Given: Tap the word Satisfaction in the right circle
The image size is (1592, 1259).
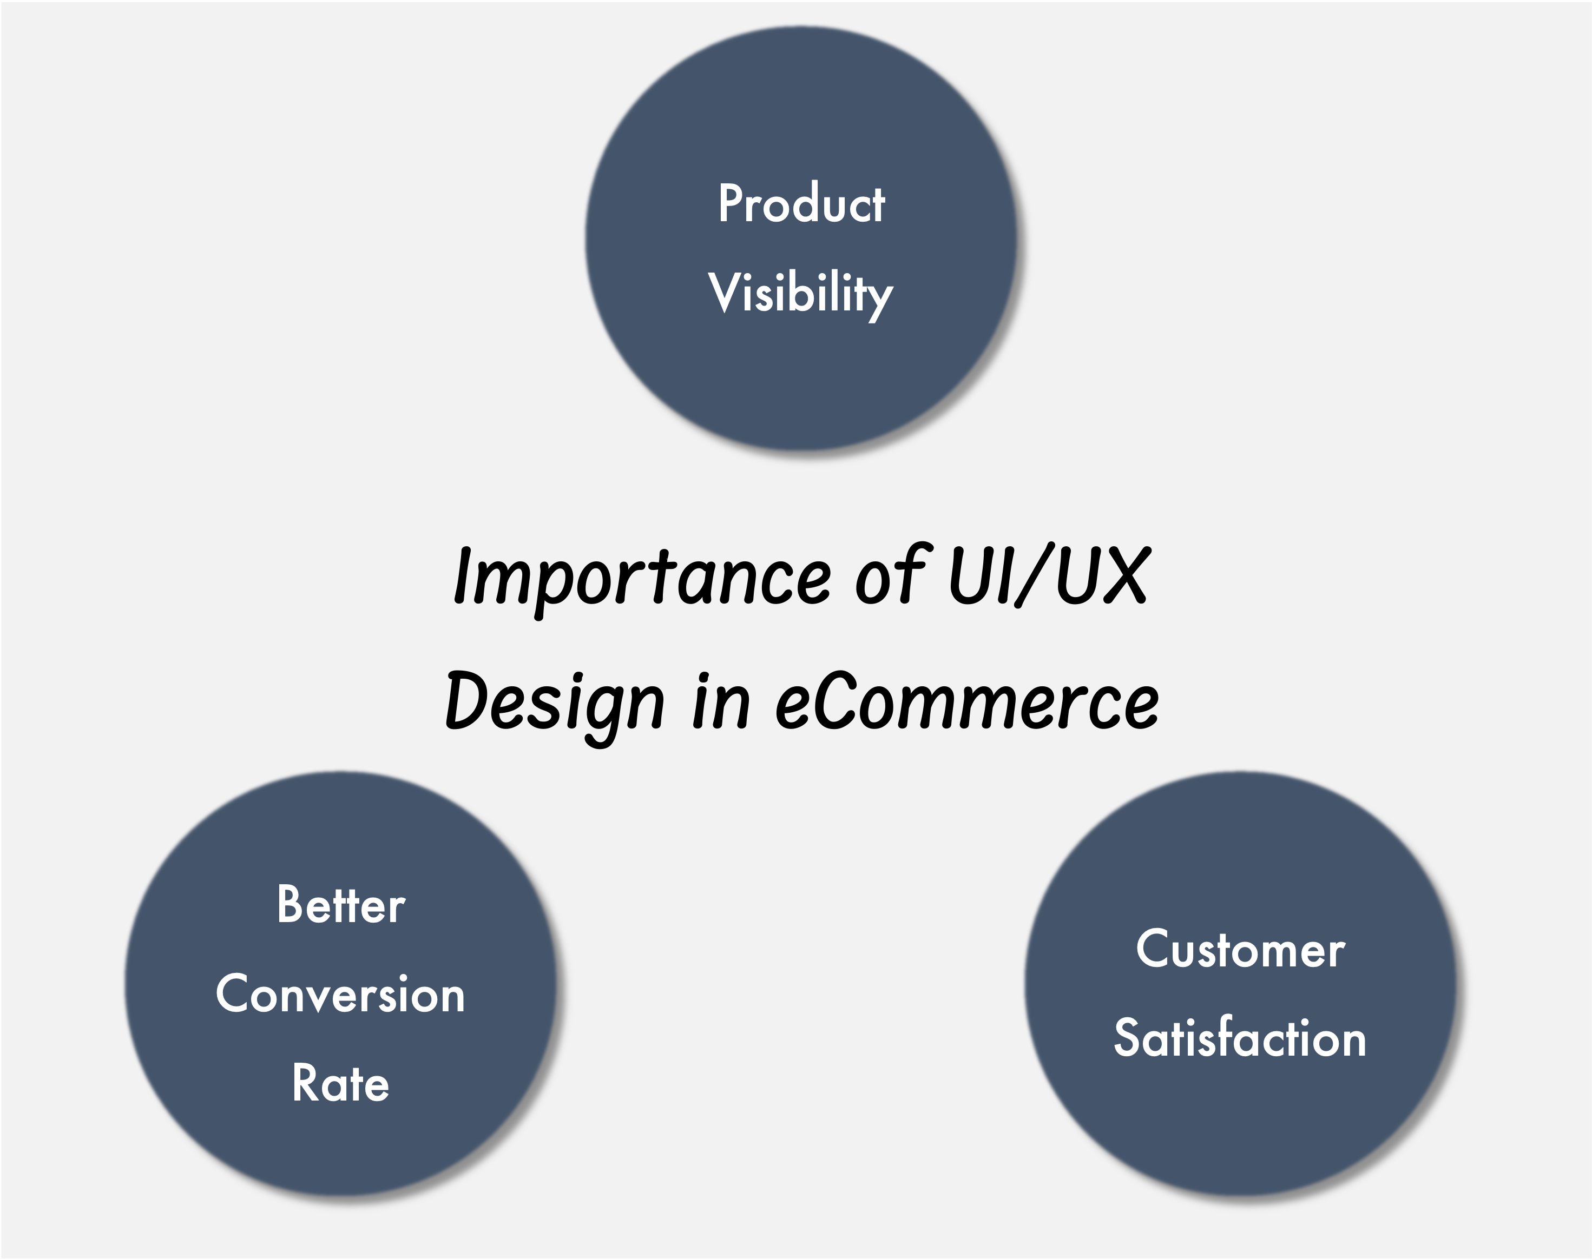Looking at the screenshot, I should click(x=1240, y=1038).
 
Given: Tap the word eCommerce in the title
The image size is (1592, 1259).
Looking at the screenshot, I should click(x=966, y=702).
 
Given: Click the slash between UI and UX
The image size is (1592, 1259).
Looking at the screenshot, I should click(x=1033, y=576).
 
